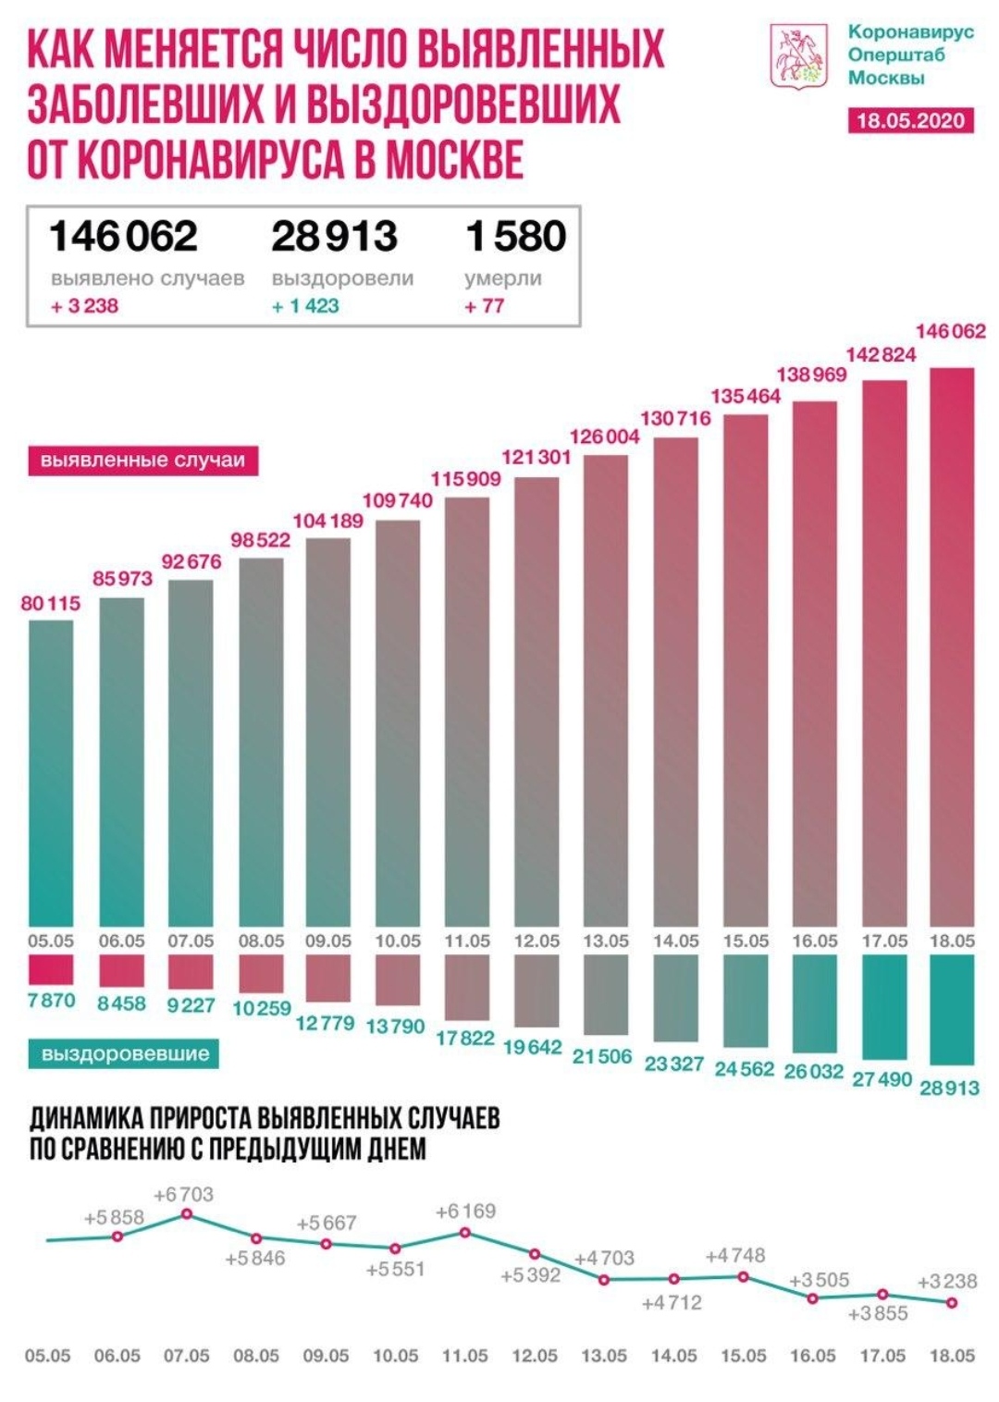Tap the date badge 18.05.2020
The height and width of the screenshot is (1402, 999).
click(910, 120)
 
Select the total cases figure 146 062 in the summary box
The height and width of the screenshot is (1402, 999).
click(123, 236)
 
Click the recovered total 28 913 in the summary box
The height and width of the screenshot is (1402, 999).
click(334, 236)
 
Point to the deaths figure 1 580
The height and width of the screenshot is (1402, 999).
click(516, 236)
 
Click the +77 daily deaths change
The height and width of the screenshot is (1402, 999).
click(485, 306)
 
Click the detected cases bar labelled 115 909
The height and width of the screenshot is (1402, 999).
click(467, 712)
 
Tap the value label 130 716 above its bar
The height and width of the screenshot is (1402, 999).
click(675, 418)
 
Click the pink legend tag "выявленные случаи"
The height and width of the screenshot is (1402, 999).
click(142, 461)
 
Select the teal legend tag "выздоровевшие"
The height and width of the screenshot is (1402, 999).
click(125, 1054)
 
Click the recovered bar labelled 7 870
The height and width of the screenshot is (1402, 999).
click(51, 969)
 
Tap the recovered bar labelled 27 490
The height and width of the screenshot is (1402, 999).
click(884, 1007)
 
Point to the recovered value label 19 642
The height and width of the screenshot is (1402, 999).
click(533, 1047)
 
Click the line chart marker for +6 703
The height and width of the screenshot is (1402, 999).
click(187, 1213)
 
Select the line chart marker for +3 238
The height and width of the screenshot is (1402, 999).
click(952, 1302)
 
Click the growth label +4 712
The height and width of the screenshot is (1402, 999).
click(672, 1303)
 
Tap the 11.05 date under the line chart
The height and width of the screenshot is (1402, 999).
click(465, 1356)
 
